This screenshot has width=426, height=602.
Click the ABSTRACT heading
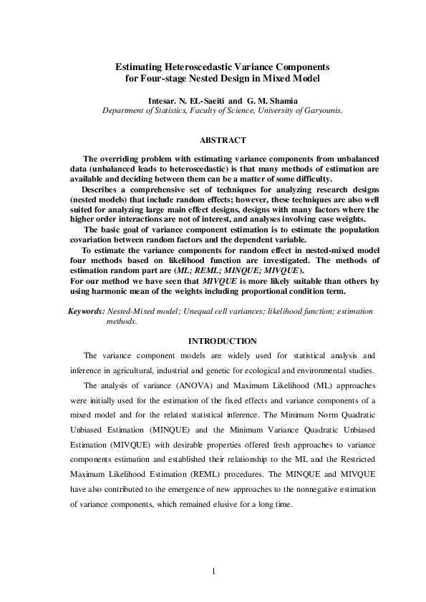click(223, 140)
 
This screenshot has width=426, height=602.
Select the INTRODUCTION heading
click(222, 341)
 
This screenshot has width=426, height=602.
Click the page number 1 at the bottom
click(213, 571)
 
